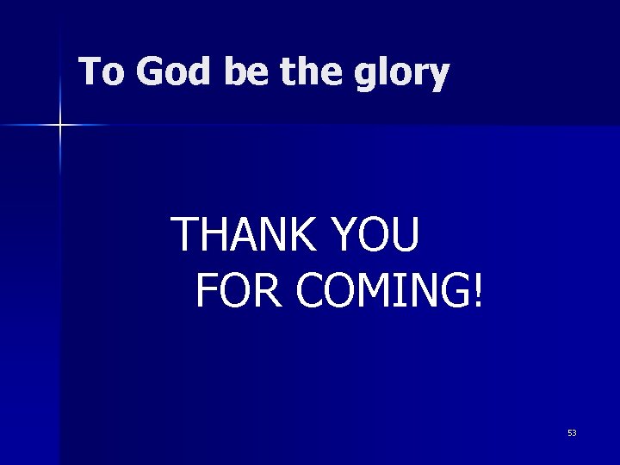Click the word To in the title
tap(101, 73)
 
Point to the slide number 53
tap(572, 433)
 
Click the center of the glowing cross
tap(60, 126)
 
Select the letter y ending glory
tap(438, 77)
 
